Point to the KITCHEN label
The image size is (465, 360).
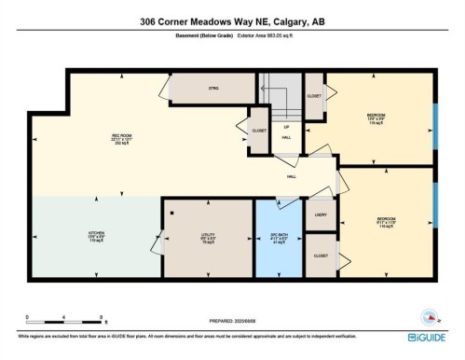tap(96, 235)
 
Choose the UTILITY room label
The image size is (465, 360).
tap(208, 235)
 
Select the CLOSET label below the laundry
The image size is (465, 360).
tap(321, 254)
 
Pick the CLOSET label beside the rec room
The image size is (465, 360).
tap(258, 130)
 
